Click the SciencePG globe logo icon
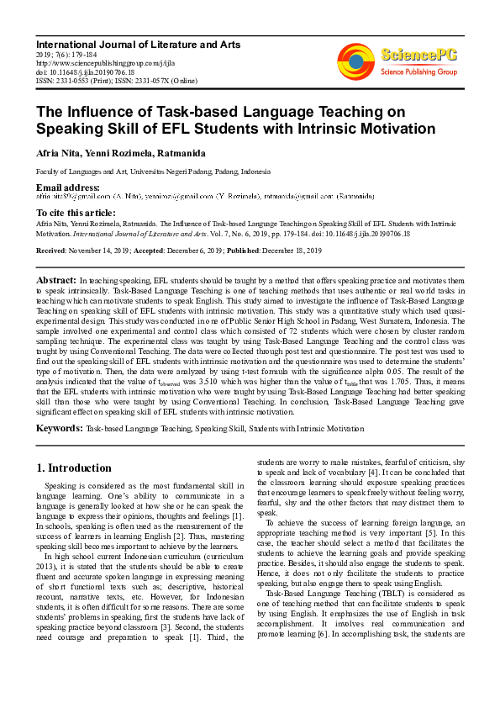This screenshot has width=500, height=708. [x=355, y=60]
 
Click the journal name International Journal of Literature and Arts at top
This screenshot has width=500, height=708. [x=138, y=44]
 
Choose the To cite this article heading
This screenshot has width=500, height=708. [x=76, y=214]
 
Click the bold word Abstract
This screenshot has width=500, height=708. [x=55, y=278]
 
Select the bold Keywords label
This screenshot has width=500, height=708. [x=59, y=429]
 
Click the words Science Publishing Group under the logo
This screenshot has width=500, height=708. [x=418, y=71]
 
